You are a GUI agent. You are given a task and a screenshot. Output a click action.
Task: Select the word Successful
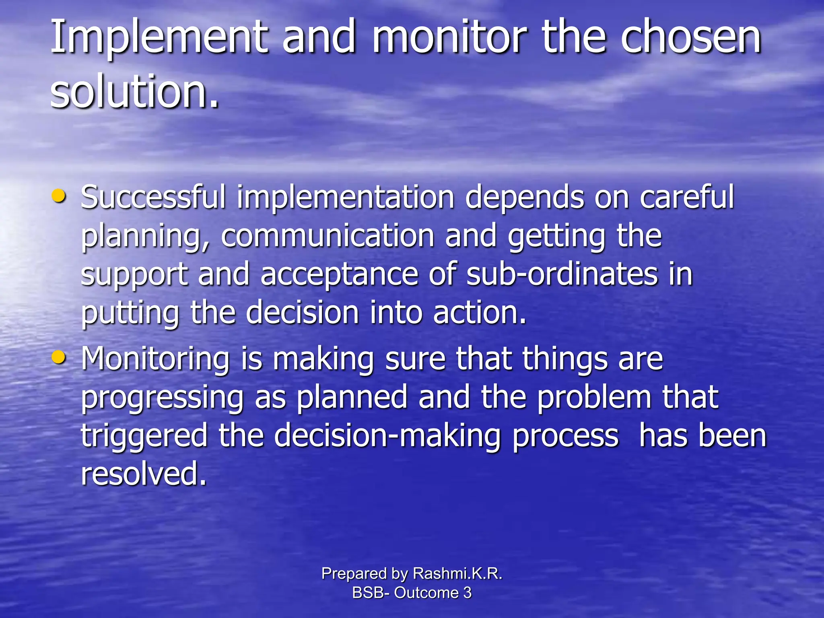coord(153,197)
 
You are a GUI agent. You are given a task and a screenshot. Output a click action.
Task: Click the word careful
coord(686,197)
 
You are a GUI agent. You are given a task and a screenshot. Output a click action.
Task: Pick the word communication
coord(327,236)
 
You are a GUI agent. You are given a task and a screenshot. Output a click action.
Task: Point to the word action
coord(480,313)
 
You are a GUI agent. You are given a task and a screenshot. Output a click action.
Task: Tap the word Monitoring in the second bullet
coord(155,359)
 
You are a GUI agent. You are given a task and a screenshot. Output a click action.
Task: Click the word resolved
coord(144,474)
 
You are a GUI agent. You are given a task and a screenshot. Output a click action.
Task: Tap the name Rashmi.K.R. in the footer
coord(457,573)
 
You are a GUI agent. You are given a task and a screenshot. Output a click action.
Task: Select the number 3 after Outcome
coord(467,593)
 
